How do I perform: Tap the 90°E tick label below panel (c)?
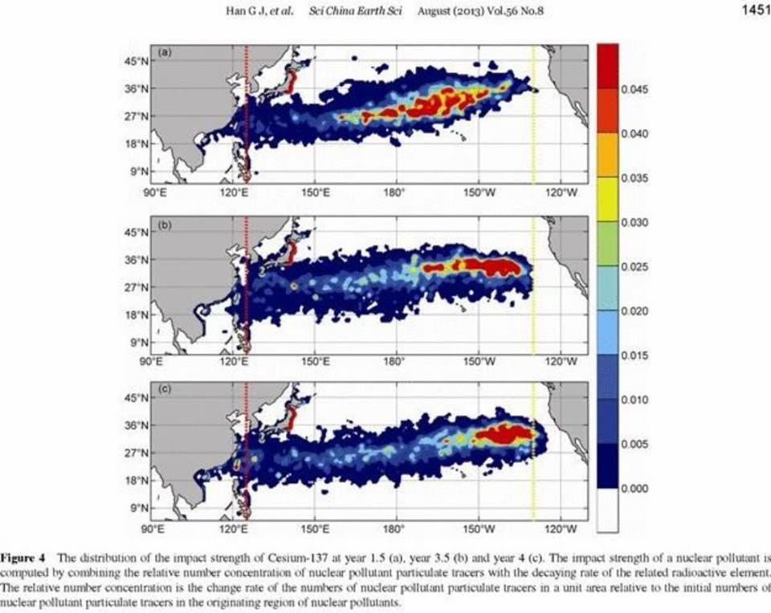pos(153,529)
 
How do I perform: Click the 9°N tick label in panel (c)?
pos(141,508)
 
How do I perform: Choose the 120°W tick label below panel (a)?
pos(561,193)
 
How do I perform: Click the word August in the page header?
pos(435,10)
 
